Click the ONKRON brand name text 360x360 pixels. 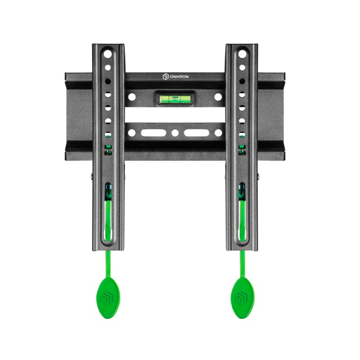[179, 76]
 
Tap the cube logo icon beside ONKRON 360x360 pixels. [166, 76]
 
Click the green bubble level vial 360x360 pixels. [175, 99]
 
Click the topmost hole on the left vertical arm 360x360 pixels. [108, 54]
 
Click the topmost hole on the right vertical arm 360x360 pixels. [242, 54]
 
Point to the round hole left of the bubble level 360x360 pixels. [132, 97]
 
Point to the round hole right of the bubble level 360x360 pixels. [218, 97]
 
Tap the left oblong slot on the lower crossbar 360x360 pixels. [153, 133]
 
